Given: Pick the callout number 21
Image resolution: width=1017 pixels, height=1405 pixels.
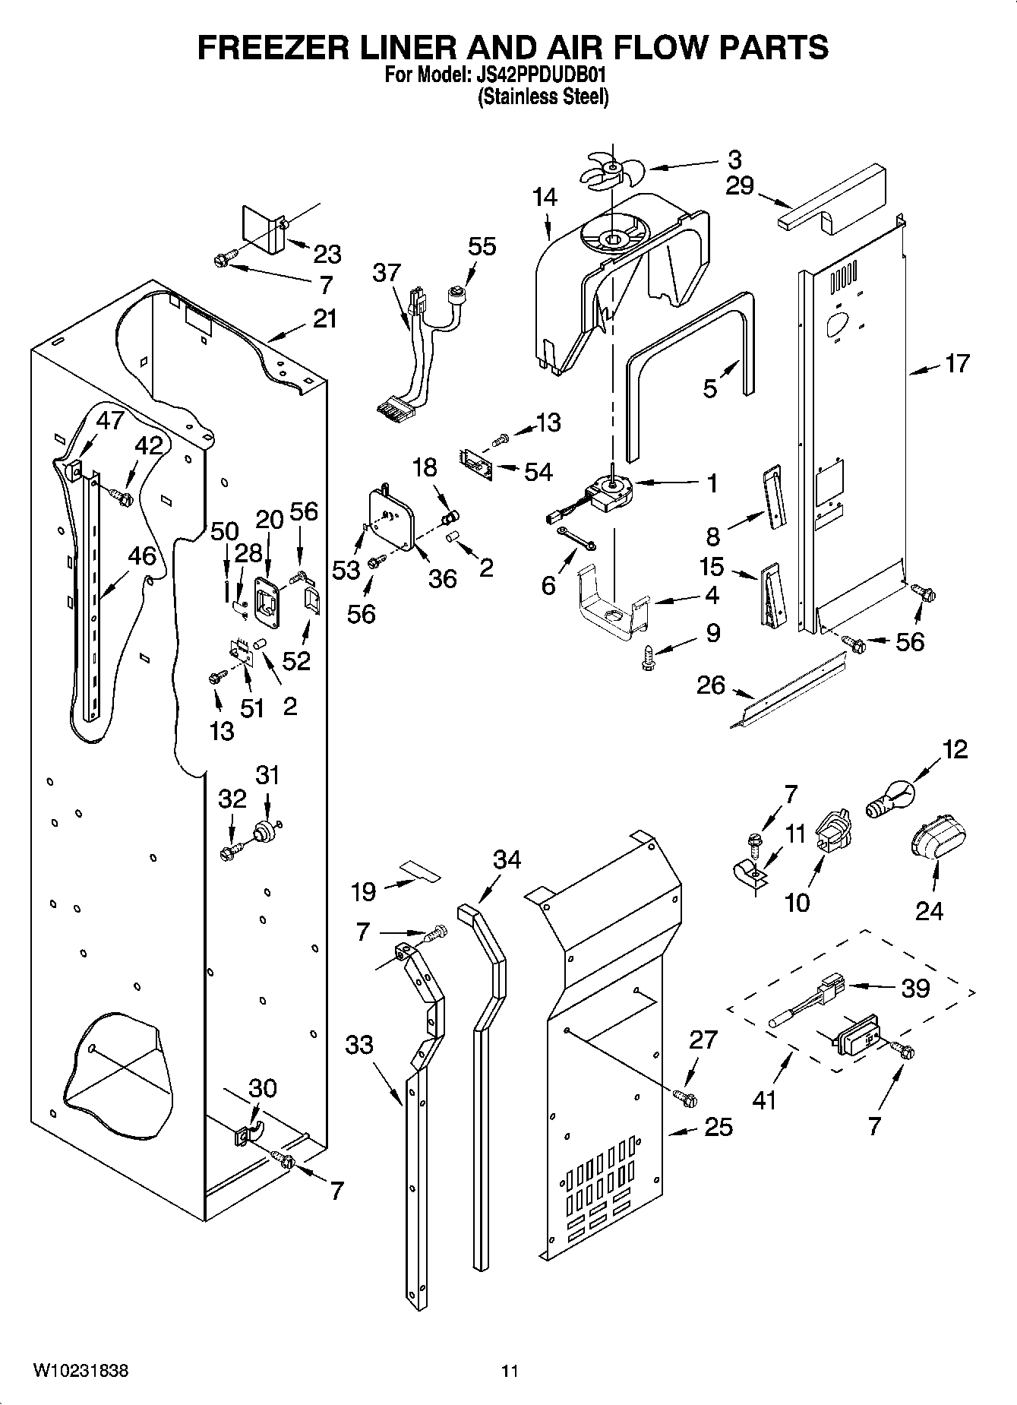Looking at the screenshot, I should point(324,319).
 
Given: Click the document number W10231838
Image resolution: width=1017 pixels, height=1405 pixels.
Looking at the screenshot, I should point(81,1371).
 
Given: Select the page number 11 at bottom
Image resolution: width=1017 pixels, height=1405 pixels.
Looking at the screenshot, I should point(509,1372).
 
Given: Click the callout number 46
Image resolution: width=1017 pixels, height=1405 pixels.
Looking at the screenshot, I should point(141,555).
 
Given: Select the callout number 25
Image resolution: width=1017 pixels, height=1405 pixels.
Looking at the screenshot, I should point(718,1127).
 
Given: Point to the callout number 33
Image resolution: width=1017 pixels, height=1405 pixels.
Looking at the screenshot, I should point(359,1045).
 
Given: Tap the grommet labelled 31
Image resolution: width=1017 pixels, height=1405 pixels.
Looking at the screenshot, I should point(266,831).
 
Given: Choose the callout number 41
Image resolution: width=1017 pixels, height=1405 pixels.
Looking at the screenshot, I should point(764,1099).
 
